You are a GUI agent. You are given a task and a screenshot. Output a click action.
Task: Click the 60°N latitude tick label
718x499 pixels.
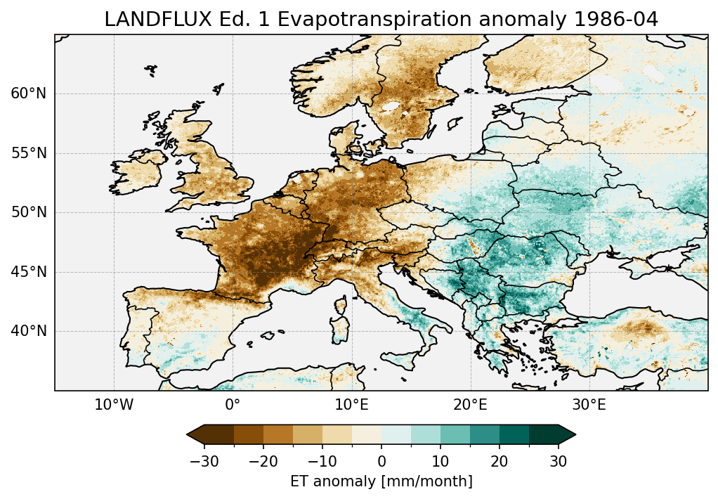coord(28,93)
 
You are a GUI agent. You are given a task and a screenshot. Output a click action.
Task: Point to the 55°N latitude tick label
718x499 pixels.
coord(28,153)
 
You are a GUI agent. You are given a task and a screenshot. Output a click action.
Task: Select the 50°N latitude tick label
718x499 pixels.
coord(28,212)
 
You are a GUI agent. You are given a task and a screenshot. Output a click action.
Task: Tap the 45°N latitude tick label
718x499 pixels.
coord(28,272)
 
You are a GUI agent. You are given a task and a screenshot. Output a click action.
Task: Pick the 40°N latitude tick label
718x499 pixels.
coord(28,331)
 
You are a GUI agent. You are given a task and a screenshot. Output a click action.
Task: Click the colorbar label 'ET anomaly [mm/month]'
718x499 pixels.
coord(381,481)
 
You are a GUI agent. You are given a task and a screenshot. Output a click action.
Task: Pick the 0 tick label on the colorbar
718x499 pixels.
coord(381,462)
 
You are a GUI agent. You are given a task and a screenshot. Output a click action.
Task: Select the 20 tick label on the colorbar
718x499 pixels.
coord(500,462)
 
